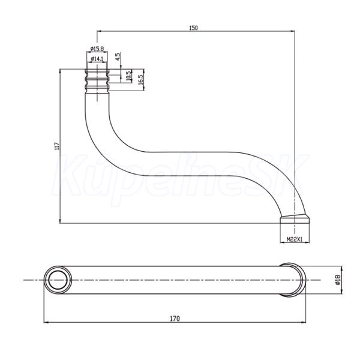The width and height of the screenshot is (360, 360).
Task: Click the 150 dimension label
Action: point(193,28)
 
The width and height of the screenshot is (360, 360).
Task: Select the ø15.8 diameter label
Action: point(97,49)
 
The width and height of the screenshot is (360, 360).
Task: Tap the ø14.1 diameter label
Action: point(97,59)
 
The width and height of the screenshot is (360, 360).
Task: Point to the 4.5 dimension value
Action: point(118,56)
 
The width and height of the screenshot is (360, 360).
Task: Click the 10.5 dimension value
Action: point(128,76)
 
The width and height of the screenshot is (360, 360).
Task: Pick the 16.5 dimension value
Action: point(141,79)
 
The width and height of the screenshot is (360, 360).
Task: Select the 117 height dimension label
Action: point(57,146)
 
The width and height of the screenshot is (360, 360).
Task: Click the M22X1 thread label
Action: point(295,239)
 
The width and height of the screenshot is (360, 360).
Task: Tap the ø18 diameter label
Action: point(337,280)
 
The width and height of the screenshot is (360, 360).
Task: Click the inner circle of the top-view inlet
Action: point(58,280)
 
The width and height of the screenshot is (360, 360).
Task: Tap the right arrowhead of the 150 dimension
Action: point(293,31)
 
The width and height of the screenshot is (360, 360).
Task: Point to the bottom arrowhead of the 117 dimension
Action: point(60,221)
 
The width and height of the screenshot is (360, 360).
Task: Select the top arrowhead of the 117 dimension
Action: point(60,71)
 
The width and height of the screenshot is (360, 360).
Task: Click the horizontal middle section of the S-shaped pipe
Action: point(191,164)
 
